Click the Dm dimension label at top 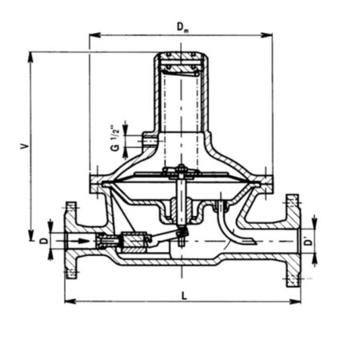point(182,27)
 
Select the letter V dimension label point(25,146)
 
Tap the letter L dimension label point(184,295)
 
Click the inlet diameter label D point(44,241)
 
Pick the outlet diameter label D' point(309,242)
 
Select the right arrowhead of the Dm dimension point(266,34)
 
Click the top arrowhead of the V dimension point(30,58)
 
